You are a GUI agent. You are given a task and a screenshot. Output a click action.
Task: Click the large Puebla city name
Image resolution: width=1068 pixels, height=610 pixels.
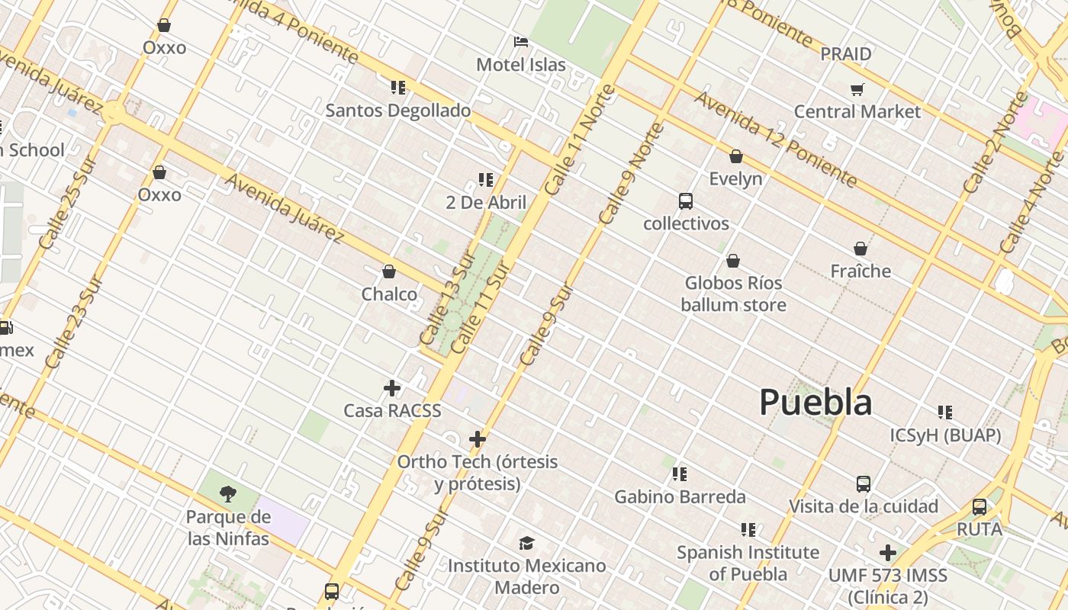(x=815, y=403)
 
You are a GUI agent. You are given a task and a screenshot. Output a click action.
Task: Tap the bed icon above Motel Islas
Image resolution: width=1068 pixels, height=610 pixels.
(x=521, y=42)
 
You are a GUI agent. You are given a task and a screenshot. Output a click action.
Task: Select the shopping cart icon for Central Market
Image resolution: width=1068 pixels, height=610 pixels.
(x=857, y=90)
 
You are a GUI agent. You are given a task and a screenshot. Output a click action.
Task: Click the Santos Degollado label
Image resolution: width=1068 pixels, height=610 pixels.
(x=398, y=111)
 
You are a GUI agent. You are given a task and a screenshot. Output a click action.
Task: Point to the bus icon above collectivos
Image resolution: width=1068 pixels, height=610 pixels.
(x=686, y=201)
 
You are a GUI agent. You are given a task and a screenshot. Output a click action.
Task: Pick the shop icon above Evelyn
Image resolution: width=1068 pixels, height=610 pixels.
(x=735, y=156)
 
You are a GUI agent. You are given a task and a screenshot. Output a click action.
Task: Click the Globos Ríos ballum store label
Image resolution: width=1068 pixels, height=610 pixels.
(x=733, y=294)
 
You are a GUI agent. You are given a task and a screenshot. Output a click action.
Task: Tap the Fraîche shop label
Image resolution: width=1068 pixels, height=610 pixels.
(x=861, y=271)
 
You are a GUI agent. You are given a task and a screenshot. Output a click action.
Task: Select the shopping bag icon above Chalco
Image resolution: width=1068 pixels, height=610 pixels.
(x=389, y=271)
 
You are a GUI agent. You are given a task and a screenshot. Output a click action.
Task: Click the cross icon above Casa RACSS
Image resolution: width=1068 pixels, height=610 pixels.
(x=392, y=388)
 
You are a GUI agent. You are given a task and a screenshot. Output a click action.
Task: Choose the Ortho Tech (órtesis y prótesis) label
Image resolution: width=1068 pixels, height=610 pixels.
(x=478, y=473)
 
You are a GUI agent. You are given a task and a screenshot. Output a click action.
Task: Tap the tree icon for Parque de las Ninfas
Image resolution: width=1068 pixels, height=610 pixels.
(x=227, y=494)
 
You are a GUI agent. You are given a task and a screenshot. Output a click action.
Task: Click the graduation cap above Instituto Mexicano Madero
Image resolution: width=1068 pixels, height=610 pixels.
(x=526, y=543)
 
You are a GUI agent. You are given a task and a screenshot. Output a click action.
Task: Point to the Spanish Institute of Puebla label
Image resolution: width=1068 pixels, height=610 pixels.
(x=748, y=563)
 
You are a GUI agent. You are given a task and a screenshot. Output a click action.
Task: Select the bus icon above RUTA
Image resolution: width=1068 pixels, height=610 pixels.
(x=980, y=506)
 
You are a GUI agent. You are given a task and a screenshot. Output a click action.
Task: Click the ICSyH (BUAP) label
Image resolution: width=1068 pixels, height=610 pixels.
(x=945, y=435)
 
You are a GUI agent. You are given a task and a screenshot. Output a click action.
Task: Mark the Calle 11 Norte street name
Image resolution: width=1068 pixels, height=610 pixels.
(x=581, y=139)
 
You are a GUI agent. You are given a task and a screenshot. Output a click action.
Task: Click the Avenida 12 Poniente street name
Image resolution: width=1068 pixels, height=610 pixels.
(x=776, y=140)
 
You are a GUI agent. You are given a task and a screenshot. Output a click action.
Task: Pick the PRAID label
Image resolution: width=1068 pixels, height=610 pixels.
(x=845, y=54)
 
